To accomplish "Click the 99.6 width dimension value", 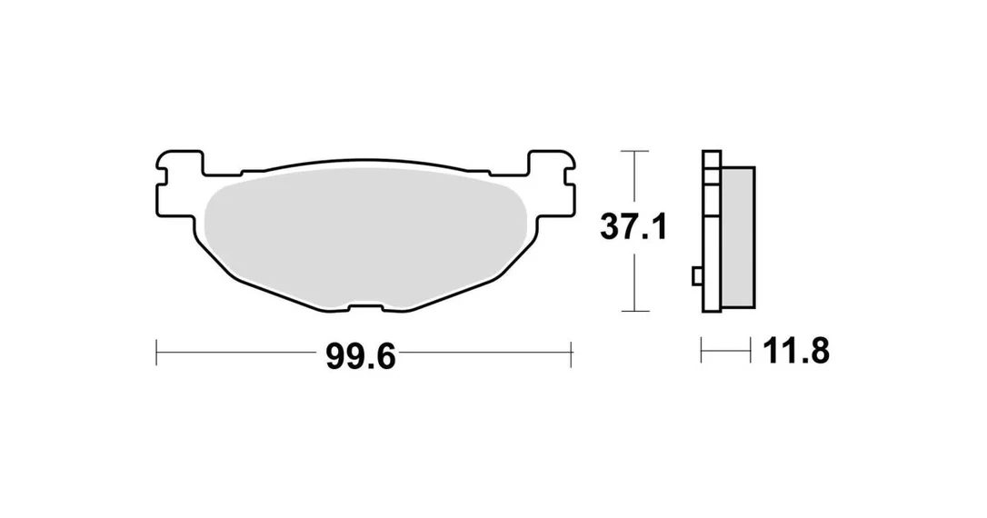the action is [361, 357].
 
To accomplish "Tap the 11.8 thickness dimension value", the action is [795, 351].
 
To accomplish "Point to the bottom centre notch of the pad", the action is [365, 308].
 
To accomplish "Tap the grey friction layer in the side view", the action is [738, 237].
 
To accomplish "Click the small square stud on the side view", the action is [697, 275].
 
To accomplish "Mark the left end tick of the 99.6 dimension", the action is [156, 353].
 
